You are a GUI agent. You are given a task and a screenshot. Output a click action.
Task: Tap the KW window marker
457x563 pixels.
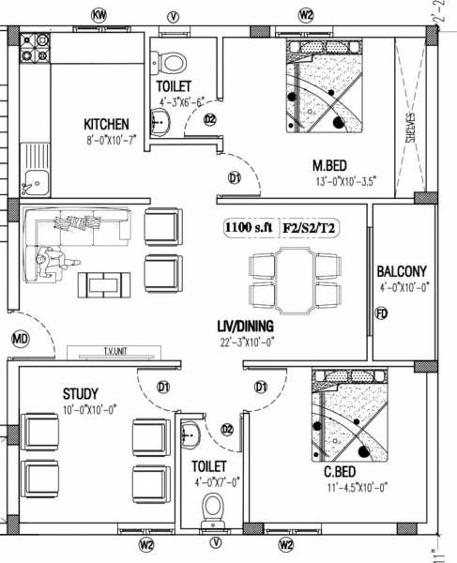(x=98, y=15)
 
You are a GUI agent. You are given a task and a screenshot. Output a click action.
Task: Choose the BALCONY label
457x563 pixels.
(x=404, y=266)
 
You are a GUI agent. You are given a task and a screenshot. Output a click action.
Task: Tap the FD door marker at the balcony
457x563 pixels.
(x=381, y=313)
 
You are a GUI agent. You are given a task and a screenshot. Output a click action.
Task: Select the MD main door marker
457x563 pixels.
(x=20, y=338)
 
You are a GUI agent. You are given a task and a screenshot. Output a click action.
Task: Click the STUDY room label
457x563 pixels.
(x=81, y=392)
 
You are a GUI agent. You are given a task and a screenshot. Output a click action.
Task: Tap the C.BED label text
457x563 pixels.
(x=339, y=471)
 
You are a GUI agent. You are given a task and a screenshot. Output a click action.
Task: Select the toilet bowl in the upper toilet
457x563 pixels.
(x=172, y=63)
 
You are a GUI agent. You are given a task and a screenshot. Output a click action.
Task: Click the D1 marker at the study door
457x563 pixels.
(x=162, y=386)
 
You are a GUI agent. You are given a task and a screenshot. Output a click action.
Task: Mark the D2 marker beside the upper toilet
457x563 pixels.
(x=209, y=119)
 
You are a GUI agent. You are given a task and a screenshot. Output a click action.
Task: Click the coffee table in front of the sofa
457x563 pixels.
(x=103, y=282)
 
